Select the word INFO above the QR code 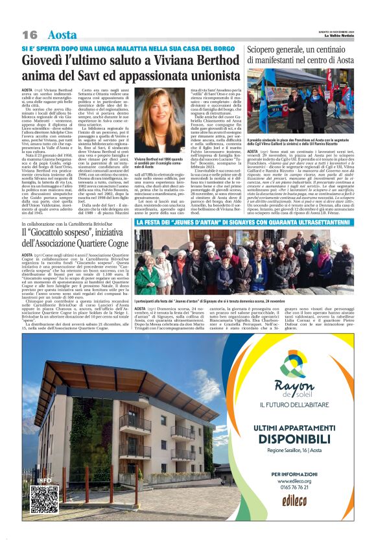point(44,481)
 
